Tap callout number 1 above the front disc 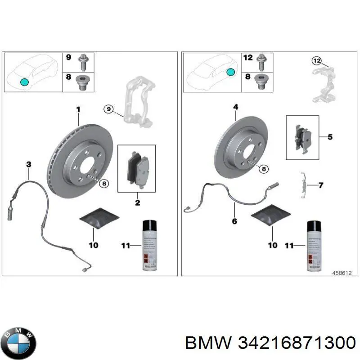click(x=77, y=109)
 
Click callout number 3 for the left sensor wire click(x=28, y=165)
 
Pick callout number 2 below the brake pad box click(x=137, y=203)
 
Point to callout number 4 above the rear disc click(x=236, y=107)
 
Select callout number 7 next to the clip click(x=320, y=185)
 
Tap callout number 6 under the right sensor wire click(x=234, y=221)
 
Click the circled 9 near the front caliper click(x=108, y=108)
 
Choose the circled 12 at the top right click(x=317, y=60)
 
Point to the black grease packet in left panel click(x=99, y=219)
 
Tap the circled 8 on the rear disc click(x=264, y=168)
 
